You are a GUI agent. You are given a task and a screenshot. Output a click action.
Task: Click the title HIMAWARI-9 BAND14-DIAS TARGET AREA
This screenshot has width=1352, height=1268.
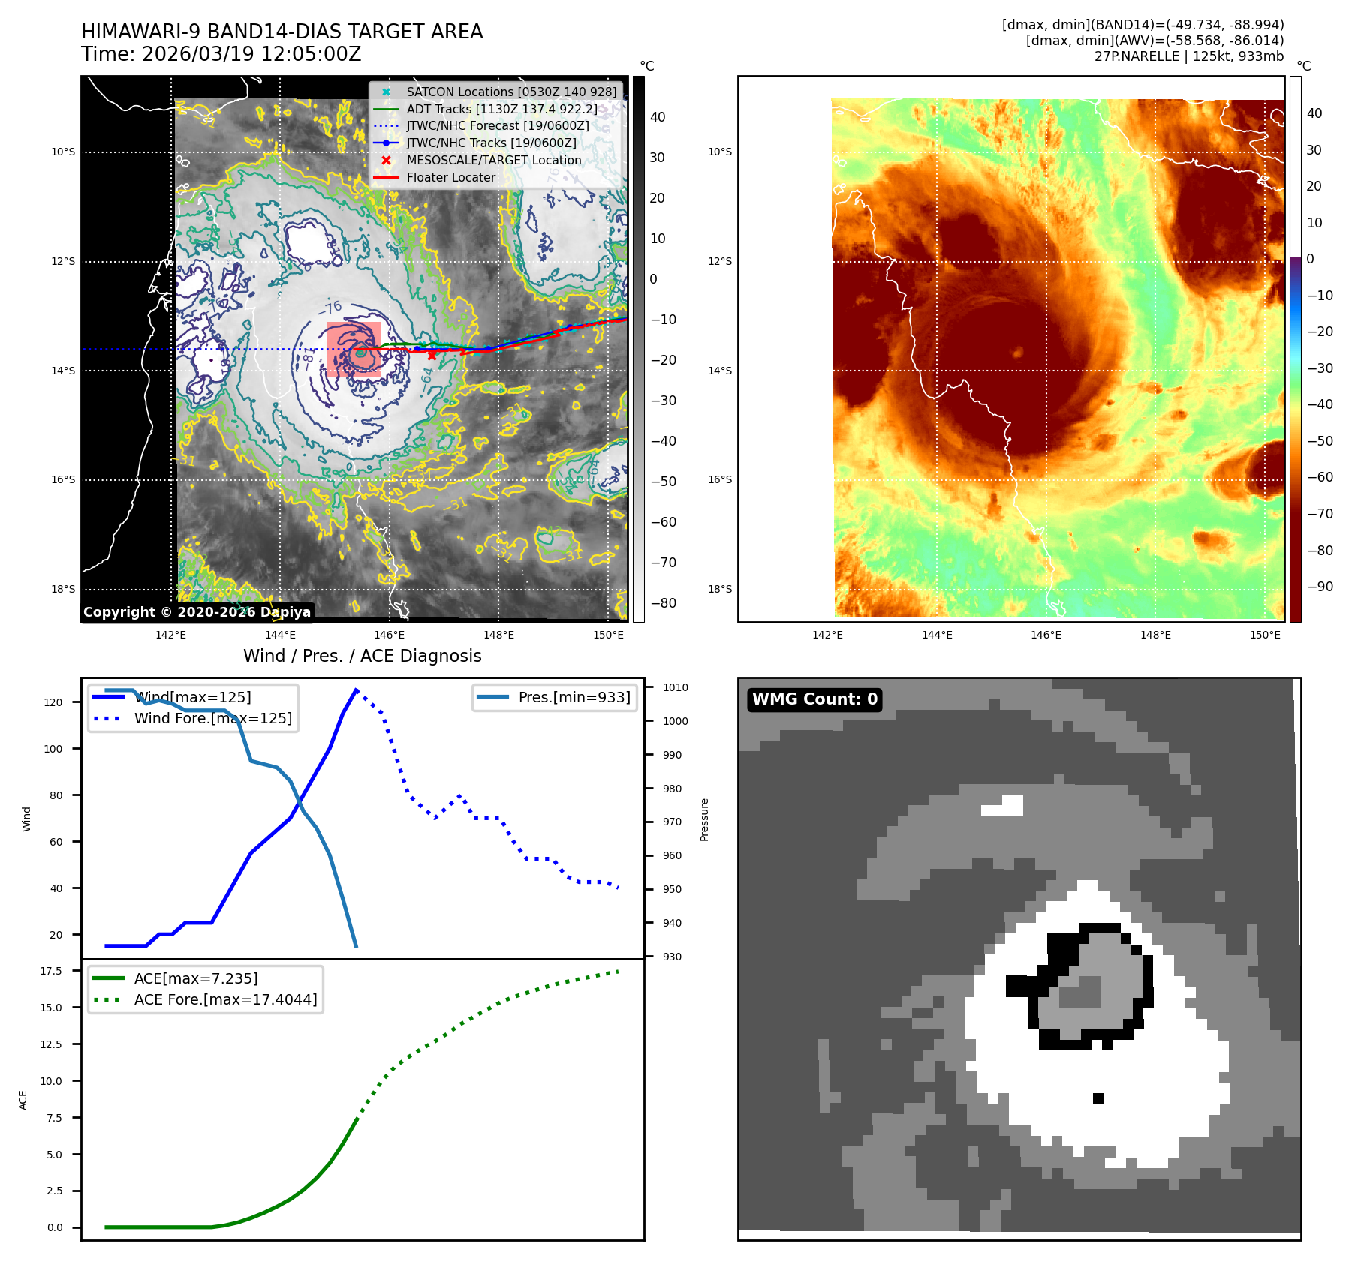(x=282, y=32)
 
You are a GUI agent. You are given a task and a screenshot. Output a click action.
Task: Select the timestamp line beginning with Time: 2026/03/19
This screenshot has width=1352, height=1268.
(x=221, y=54)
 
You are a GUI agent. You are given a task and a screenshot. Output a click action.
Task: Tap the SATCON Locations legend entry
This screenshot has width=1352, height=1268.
(x=510, y=92)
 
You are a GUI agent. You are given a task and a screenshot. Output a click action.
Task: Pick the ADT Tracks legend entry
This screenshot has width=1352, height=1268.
(x=501, y=109)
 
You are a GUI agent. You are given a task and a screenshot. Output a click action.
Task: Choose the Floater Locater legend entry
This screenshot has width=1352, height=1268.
(x=450, y=177)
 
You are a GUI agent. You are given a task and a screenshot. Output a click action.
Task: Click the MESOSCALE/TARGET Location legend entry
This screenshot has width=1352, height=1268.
(x=493, y=160)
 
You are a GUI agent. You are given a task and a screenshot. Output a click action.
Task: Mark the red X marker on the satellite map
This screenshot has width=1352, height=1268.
(x=432, y=356)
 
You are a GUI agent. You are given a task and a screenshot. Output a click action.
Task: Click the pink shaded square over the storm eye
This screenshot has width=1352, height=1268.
(x=354, y=349)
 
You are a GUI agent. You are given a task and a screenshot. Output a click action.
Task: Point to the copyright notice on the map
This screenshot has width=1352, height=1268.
(x=197, y=611)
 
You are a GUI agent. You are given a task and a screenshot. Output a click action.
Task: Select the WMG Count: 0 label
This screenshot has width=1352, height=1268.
(x=815, y=699)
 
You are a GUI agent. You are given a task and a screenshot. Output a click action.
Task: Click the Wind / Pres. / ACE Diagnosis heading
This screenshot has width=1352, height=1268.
(x=362, y=656)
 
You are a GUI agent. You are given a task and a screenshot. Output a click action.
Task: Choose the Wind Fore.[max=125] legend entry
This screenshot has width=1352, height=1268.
(x=212, y=718)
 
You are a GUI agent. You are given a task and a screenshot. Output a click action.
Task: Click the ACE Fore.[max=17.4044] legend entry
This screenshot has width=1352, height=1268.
(x=225, y=999)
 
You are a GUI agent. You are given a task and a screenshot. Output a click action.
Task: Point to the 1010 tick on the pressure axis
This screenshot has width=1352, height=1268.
(x=675, y=687)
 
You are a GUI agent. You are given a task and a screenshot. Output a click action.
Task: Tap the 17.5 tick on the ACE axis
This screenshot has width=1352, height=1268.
(x=51, y=971)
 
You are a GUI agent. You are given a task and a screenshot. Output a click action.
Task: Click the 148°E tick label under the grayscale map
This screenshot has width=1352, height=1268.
(x=498, y=635)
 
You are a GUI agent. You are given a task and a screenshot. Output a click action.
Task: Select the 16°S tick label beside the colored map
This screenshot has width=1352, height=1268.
(x=719, y=479)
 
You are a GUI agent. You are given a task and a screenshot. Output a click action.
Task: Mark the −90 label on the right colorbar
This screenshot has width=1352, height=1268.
(x=1320, y=587)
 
